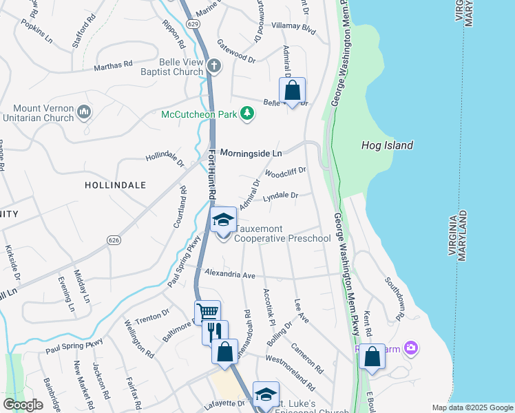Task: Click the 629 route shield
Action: (x=193, y=23)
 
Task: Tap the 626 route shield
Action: (x=114, y=240)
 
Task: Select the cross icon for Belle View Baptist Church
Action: (x=214, y=66)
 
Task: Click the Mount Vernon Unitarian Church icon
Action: (x=84, y=111)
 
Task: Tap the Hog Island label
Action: (x=387, y=145)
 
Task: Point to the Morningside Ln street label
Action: (x=251, y=152)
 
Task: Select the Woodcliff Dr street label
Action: (x=284, y=172)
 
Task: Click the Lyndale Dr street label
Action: (x=280, y=196)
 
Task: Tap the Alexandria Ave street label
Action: (x=229, y=274)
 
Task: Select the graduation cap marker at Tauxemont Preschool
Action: (x=222, y=221)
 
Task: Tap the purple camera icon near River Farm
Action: (x=412, y=348)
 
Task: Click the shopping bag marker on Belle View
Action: (x=292, y=90)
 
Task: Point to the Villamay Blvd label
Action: (x=293, y=31)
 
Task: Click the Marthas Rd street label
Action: (x=113, y=65)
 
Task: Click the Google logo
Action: (x=23, y=405)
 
